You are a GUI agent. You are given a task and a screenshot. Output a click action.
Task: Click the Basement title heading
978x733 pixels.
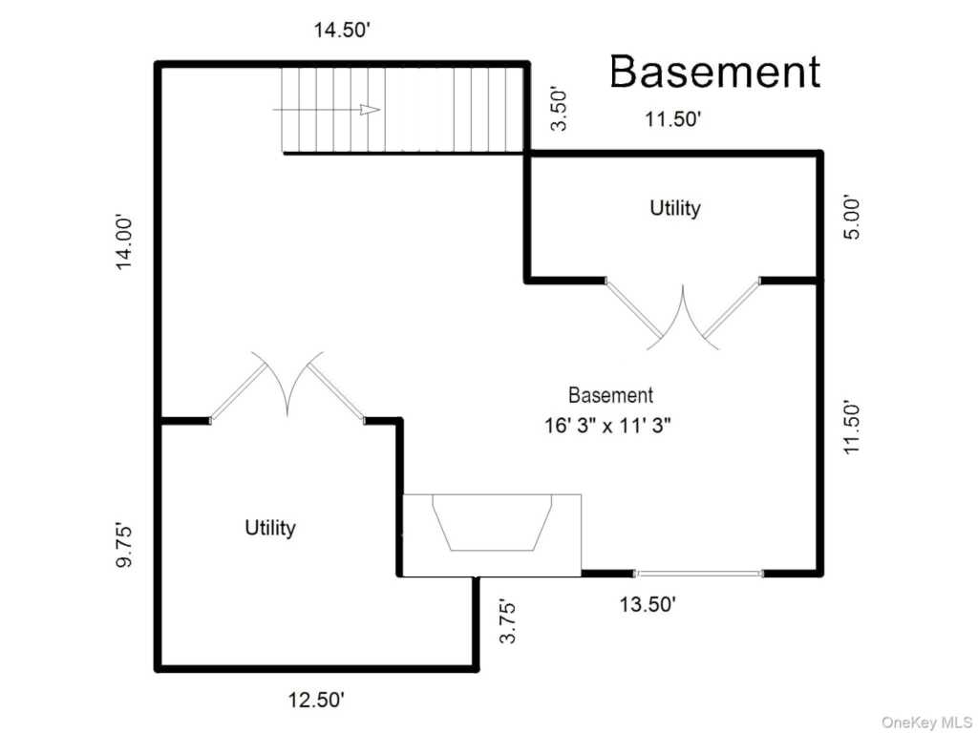[714, 72]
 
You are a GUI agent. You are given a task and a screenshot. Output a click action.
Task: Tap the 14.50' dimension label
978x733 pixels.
[342, 30]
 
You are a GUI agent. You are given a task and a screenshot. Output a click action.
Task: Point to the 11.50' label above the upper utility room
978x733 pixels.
[672, 119]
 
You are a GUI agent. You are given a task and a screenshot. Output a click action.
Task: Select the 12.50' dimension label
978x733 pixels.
[316, 700]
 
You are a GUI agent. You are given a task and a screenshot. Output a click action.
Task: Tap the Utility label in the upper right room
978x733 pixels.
[675, 207]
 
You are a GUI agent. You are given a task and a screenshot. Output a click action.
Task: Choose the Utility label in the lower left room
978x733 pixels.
[270, 527]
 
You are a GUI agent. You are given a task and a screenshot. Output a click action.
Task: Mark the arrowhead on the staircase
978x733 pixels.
[370, 110]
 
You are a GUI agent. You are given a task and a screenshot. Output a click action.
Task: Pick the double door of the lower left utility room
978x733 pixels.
[287, 386]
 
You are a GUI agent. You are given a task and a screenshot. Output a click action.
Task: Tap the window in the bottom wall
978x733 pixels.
[699, 574]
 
